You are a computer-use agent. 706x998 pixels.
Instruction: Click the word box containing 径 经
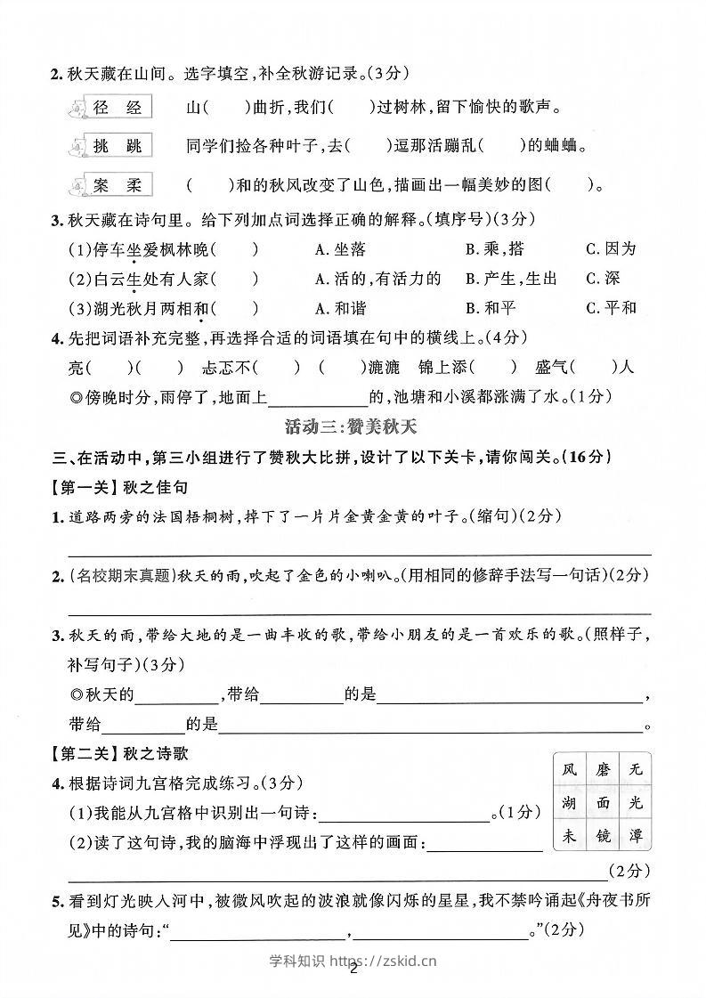118,108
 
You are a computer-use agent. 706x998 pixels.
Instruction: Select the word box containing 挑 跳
118,146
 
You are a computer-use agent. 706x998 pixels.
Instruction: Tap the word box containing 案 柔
118,185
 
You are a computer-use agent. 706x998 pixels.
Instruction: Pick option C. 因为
611,249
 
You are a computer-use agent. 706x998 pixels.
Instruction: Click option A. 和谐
341,308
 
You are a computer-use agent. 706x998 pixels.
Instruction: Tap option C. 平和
611,308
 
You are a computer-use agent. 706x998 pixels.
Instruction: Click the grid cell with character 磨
604,769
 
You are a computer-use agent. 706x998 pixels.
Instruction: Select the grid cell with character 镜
604,836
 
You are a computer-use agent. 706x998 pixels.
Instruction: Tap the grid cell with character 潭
635,836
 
